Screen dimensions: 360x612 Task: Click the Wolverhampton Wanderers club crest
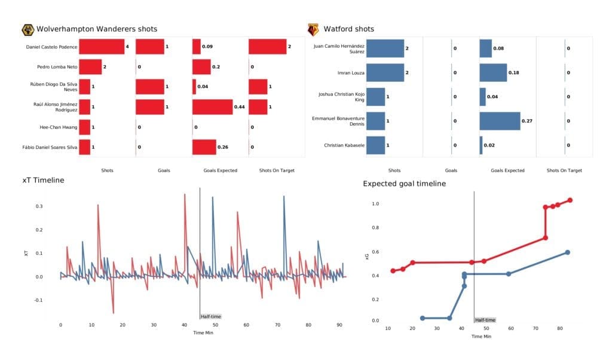27,29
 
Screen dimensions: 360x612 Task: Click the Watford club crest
313,29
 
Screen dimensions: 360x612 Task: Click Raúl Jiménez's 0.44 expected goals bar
212,107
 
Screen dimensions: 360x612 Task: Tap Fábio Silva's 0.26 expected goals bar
204,147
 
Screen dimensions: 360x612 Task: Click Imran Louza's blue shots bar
385,73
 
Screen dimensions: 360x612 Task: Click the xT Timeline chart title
44,180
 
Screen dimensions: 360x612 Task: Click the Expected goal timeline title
404,184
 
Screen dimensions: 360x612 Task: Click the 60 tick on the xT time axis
246,325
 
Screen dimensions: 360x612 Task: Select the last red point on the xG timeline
570,200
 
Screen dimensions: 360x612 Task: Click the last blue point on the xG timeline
567,252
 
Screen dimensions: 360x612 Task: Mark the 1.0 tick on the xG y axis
375,204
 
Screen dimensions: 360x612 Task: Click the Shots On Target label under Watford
564,170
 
